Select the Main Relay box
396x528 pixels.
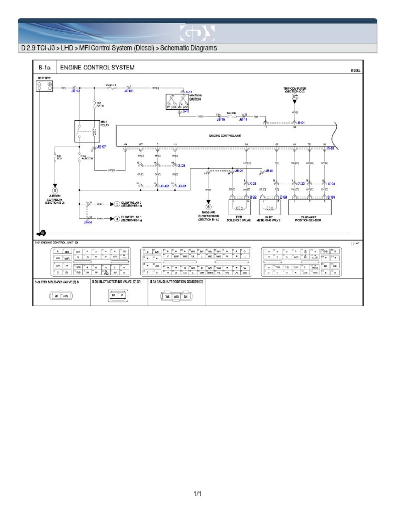pyautogui.click(x=87, y=131)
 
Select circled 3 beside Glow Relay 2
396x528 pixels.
pyautogui.click(x=117, y=204)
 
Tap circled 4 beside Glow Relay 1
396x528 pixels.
pyautogui.click(x=117, y=219)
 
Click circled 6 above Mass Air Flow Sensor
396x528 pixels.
pyautogui.click(x=209, y=207)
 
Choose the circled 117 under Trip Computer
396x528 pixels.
pyautogui.click(x=294, y=97)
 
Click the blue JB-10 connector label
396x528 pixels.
pyautogui.click(x=75, y=91)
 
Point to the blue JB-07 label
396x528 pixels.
pyautogui.click(x=101, y=147)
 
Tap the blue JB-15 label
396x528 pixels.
pyautogui.click(x=221, y=119)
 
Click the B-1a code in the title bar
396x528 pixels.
pyautogui.click(x=43, y=68)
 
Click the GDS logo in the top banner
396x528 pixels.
pyautogui.click(x=197, y=33)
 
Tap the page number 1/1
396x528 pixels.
pyautogui.click(x=197, y=494)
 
